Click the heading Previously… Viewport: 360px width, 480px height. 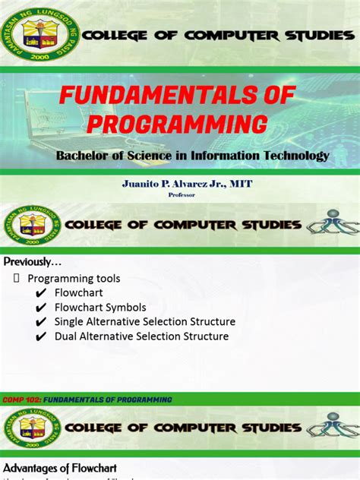point(32,262)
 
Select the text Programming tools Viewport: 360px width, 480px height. point(74,278)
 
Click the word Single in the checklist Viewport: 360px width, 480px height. point(71,321)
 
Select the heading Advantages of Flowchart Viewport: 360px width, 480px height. point(60,467)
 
